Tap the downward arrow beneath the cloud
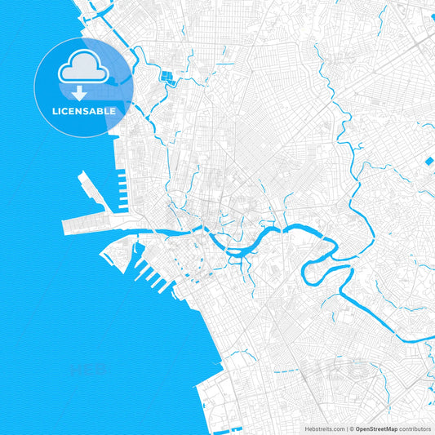pos(84,91)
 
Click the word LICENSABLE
pos(84,110)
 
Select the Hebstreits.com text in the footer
pos(325,428)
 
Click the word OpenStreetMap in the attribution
pos(375,428)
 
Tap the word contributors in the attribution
pos(414,428)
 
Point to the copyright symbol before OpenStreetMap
pos(352,428)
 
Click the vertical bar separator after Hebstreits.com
pos(346,428)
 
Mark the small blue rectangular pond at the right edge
pos(428,161)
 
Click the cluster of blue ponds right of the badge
pos(170,79)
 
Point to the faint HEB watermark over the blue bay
pos(90,369)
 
